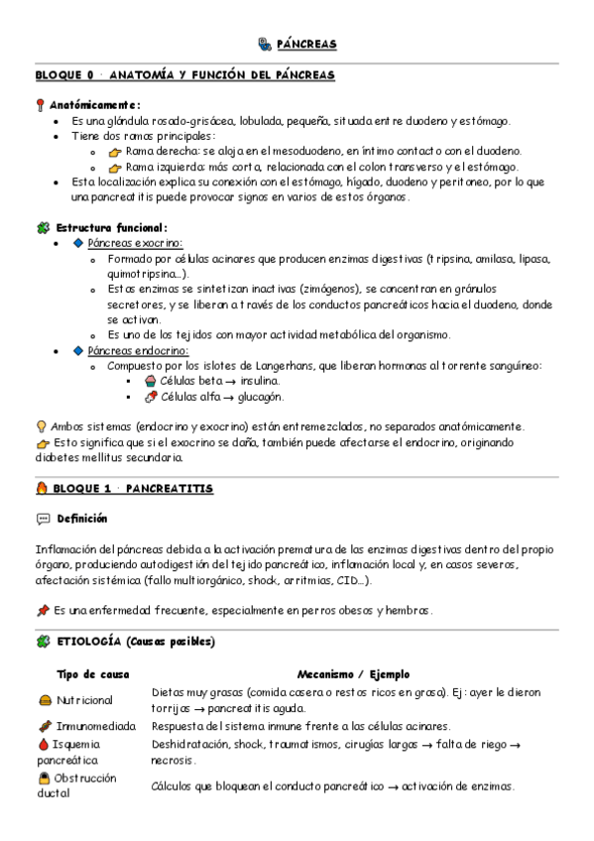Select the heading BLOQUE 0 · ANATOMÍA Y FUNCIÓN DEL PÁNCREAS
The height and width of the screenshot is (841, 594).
point(184,75)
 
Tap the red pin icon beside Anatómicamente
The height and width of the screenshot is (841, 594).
point(41,104)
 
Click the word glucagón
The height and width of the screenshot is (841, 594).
point(259,396)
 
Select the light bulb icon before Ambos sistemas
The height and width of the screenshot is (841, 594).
point(41,426)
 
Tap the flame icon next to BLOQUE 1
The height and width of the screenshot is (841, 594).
point(41,488)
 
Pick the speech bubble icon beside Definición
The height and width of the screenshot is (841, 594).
point(42,519)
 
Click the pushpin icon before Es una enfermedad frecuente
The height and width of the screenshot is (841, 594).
point(42,609)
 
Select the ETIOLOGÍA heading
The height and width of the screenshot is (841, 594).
point(132,642)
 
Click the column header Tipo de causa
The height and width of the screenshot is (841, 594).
point(92,673)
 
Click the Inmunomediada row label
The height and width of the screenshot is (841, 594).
point(98,726)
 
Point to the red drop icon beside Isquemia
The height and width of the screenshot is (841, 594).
point(42,743)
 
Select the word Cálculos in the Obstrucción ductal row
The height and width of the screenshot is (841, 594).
point(177,786)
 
